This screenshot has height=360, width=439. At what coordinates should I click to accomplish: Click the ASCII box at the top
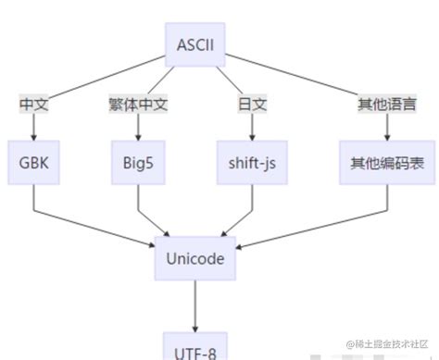pyautogui.click(x=194, y=43)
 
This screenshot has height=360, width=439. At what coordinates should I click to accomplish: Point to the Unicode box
pyautogui.click(x=194, y=258)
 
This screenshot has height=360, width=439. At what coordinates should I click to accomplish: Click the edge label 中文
pyautogui.click(x=33, y=104)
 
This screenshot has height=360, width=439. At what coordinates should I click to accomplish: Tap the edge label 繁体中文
pyautogui.click(x=138, y=104)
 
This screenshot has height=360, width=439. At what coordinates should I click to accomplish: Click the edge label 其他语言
pyautogui.click(x=387, y=104)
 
